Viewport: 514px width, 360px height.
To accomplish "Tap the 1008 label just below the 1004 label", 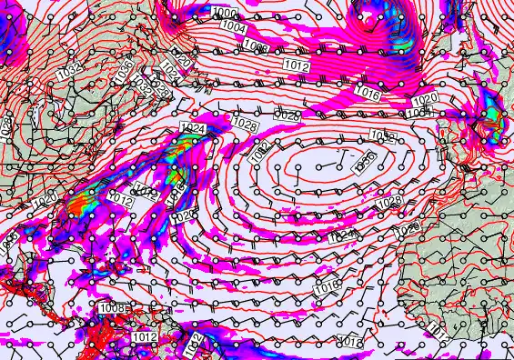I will point(256,45).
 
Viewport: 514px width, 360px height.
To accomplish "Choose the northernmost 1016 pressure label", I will point(367,93).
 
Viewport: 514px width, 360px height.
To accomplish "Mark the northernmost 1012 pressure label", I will point(295,66).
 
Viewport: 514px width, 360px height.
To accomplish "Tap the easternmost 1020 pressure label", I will point(425,100).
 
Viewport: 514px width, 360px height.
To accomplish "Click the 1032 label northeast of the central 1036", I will point(383,137).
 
